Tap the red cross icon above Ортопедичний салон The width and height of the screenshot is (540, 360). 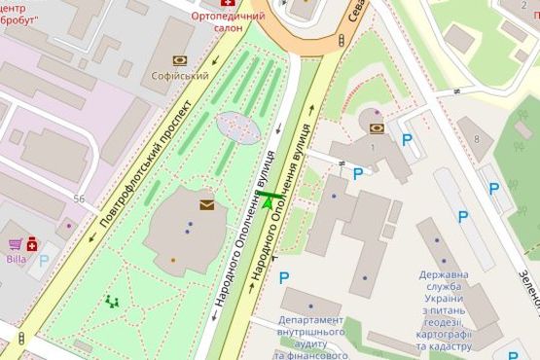(x=228, y=4)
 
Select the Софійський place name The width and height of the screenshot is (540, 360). (x=180, y=74)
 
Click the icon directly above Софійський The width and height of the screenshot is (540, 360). (x=180, y=59)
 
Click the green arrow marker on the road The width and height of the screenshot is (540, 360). (x=268, y=199)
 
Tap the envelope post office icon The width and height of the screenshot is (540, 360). (x=207, y=204)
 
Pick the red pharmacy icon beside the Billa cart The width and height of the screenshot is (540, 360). (x=33, y=245)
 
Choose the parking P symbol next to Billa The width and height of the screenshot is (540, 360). (x=44, y=261)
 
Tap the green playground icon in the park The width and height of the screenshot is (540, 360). (x=114, y=303)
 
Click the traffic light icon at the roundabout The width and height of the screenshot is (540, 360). (x=341, y=40)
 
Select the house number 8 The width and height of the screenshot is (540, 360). (x=476, y=139)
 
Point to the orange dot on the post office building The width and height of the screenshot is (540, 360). (x=173, y=260)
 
